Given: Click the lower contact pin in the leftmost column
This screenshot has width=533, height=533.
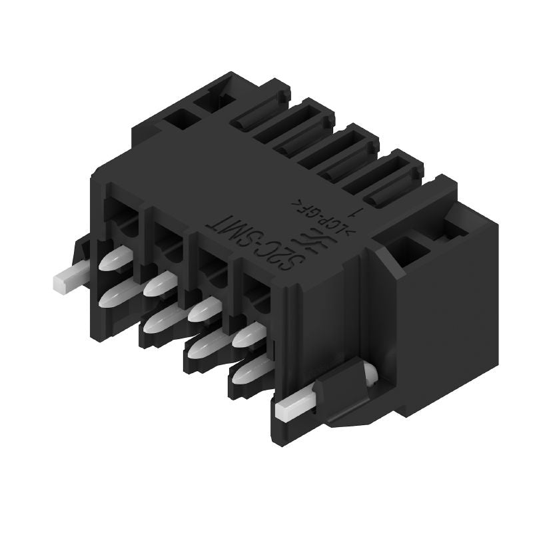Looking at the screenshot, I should [118, 292].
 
